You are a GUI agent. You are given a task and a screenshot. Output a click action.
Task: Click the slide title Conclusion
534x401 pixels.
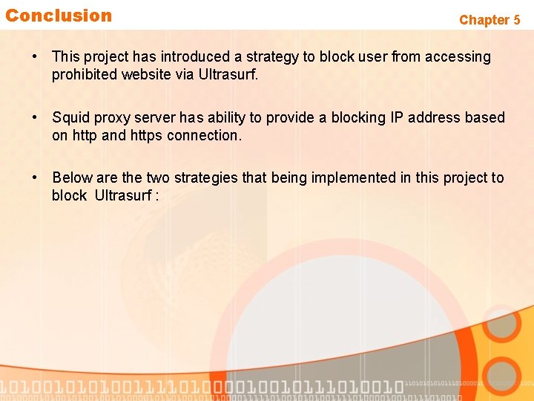point(59,16)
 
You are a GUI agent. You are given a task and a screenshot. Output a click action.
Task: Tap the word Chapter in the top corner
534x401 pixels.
point(484,20)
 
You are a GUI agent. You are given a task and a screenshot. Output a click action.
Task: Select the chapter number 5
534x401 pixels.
point(516,20)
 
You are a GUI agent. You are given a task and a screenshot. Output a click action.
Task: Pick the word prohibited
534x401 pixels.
point(81,75)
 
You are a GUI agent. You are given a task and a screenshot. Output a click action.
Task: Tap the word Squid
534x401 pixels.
point(70,118)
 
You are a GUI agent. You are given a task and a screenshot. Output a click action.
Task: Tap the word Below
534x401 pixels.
point(72,178)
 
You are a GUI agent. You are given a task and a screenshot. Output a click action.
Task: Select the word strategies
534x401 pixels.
point(205,178)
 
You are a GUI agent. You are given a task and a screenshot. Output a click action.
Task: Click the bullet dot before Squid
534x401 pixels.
point(34,118)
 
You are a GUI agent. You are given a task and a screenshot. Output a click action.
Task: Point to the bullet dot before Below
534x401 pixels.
point(34,178)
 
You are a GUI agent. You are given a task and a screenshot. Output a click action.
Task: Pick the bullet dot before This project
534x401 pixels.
point(34,57)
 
